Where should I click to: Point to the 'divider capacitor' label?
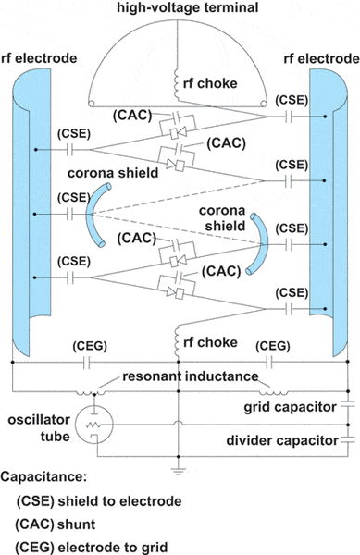288,441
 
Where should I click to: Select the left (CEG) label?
92,347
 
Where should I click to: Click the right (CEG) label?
277,346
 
